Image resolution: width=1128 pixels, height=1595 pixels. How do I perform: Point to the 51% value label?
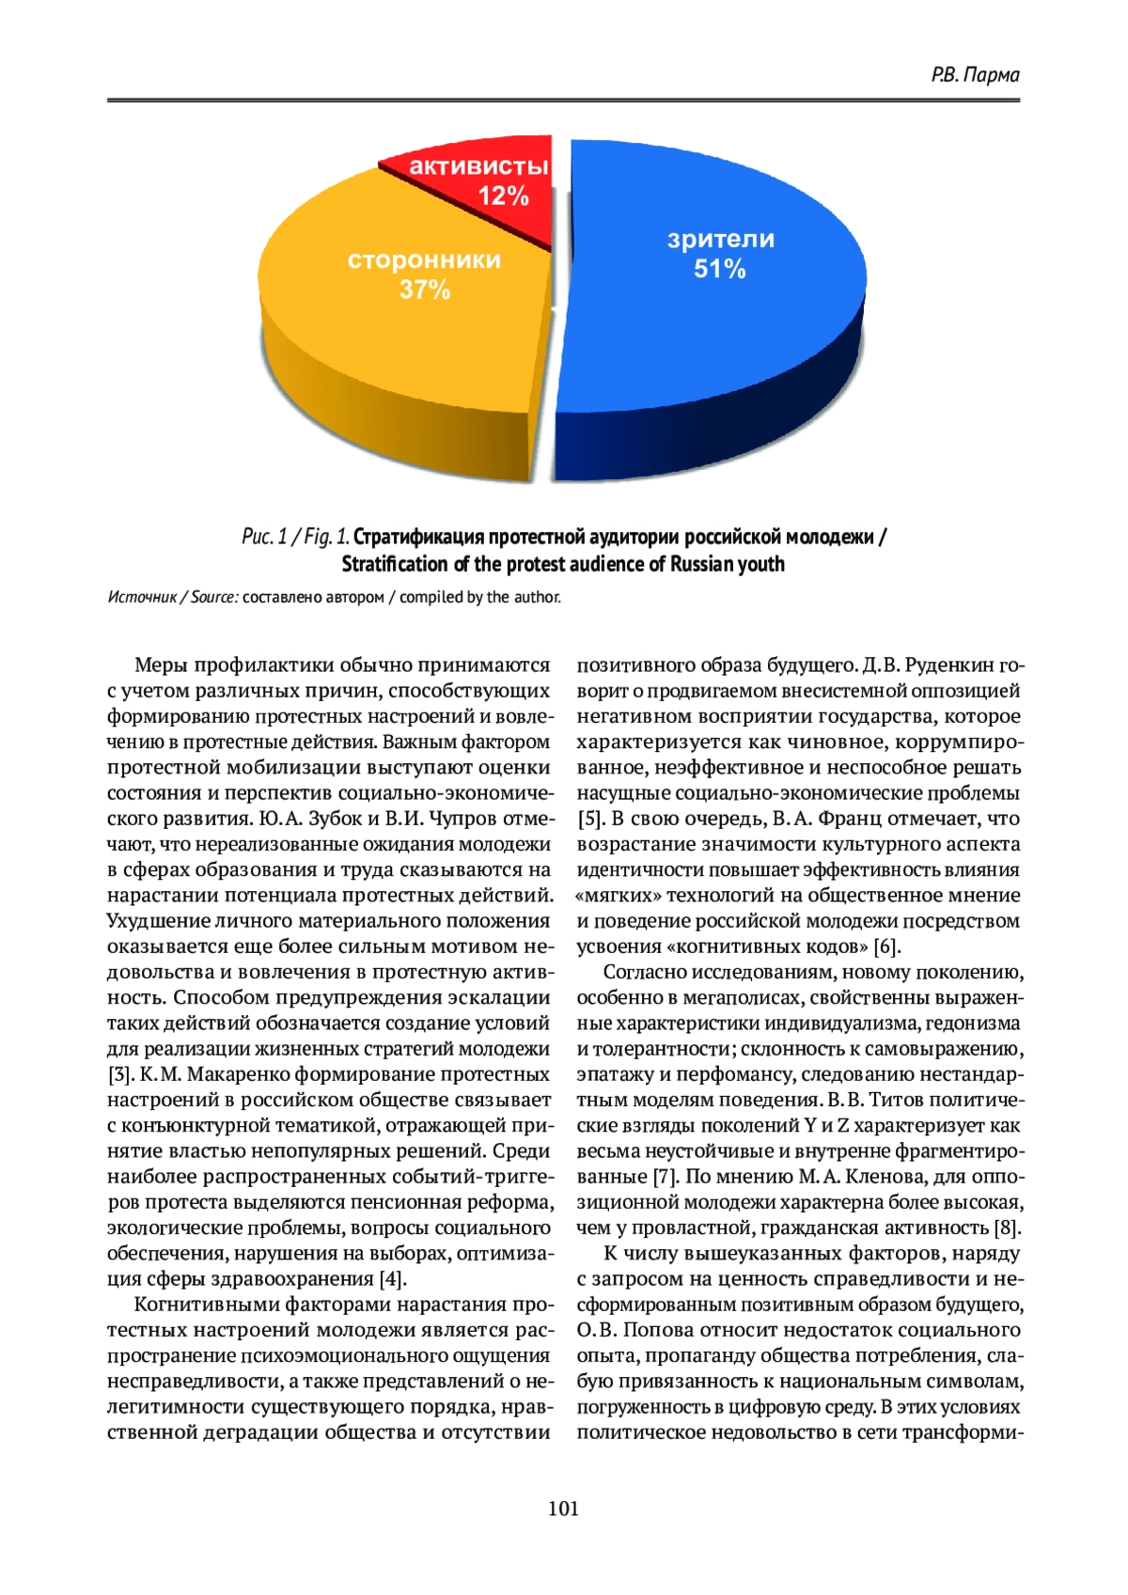click(x=719, y=270)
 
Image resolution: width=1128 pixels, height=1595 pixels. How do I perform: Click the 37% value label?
click(x=425, y=289)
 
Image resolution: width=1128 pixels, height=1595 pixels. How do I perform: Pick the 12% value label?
click(x=503, y=196)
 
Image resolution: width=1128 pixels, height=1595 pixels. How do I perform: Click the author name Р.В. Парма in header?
click(x=975, y=74)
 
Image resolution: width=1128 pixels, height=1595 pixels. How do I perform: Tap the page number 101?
click(x=563, y=1509)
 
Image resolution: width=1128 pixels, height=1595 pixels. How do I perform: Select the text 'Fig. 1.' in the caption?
click(x=327, y=537)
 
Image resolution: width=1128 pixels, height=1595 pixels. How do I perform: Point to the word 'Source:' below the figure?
click(x=214, y=598)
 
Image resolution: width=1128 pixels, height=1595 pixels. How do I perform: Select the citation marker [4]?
click(x=393, y=1279)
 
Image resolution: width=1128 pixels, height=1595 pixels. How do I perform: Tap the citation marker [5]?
click(x=590, y=819)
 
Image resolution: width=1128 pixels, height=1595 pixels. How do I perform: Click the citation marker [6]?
click(x=886, y=946)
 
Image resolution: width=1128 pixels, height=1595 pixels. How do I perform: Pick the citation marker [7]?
click(x=666, y=1177)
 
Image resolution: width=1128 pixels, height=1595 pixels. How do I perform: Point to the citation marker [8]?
click(x=1007, y=1228)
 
